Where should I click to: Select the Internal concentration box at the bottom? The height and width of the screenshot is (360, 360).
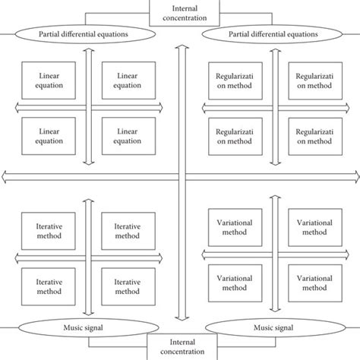coord(179,348)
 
